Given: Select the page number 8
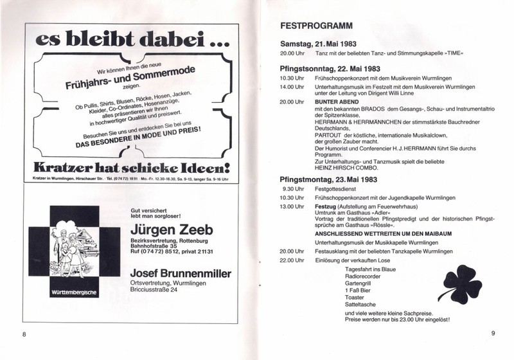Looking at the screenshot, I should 24,334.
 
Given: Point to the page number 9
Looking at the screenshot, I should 492,332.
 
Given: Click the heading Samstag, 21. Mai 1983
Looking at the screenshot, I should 318,42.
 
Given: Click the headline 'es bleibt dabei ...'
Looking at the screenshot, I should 126,40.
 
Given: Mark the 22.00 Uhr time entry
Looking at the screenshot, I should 292,260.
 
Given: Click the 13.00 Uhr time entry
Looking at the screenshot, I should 292,207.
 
